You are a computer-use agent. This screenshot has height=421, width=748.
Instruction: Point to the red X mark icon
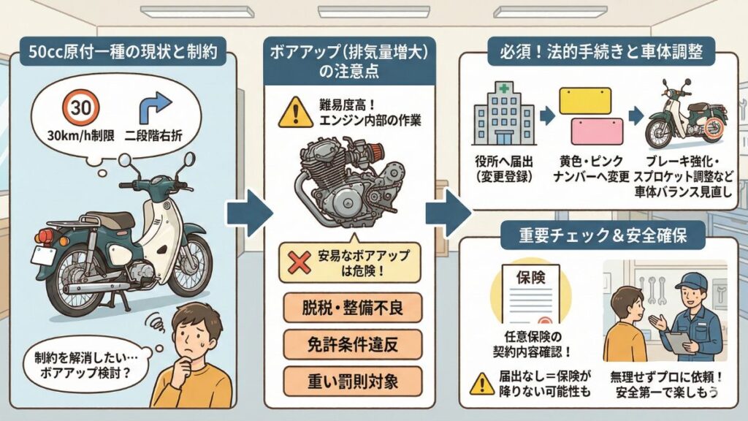[298, 262]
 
